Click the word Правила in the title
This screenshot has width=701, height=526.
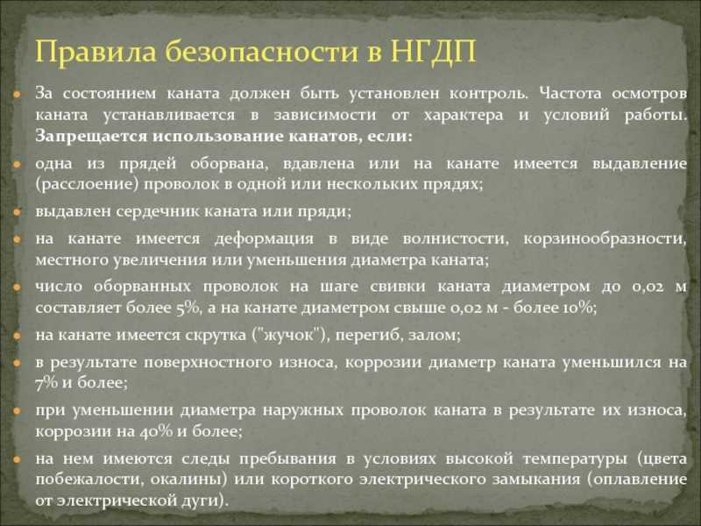pyautogui.click(x=96, y=52)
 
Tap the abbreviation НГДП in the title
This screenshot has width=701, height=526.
pyautogui.click(x=433, y=52)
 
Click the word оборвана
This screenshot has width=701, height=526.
pyautogui.click(x=229, y=164)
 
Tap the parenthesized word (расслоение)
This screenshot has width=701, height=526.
pyautogui.click(x=87, y=185)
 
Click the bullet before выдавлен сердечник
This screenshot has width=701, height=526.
pyautogui.click(x=17, y=212)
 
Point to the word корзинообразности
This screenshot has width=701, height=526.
pyautogui.click(x=605, y=239)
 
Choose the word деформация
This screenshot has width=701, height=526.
pyautogui.click(x=264, y=238)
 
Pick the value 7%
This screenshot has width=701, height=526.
pyautogui.click(x=46, y=383)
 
